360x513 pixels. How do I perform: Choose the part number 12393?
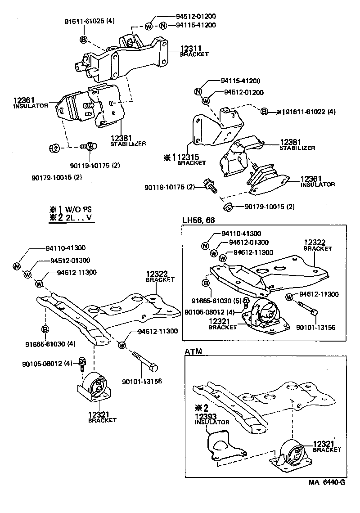click(x=205, y=416)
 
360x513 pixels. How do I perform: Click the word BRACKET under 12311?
click(x=194, y=54)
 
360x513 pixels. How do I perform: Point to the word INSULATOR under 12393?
click(x=212, y=422)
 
